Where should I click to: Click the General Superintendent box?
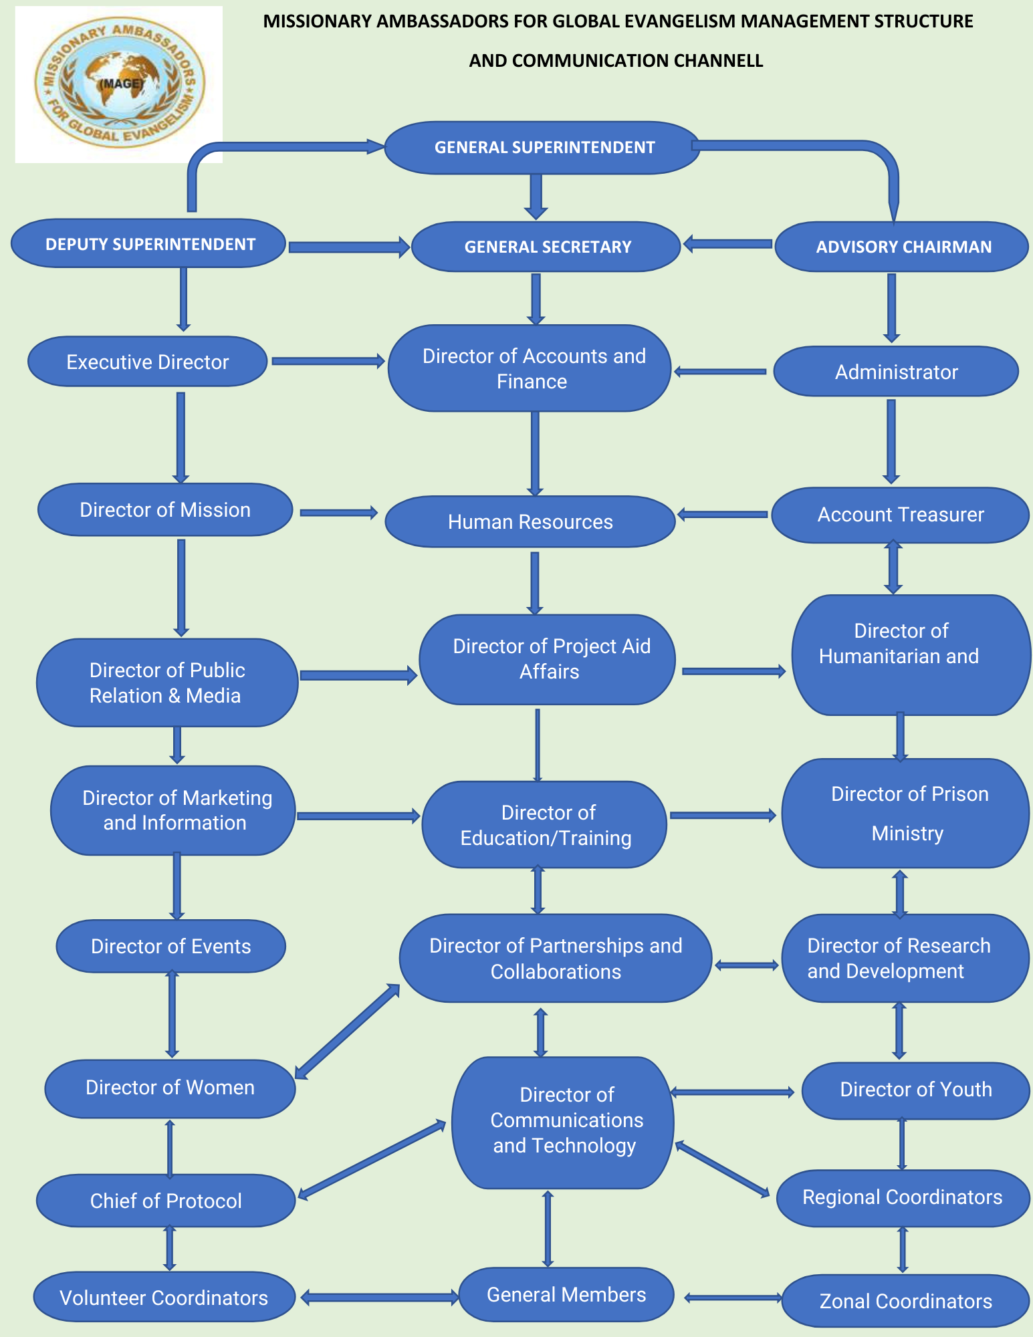tap(543, 148)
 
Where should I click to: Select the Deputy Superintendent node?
tap(149, 244)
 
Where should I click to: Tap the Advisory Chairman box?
tap(902, 247)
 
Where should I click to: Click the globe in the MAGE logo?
tap(120, 82)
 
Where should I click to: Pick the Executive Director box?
tap(147, 362)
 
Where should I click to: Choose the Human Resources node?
tap(530, 521)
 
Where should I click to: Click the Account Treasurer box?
tap(900, 515)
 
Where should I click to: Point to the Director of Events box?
tap(170, 946)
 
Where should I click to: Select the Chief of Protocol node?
tap(165, 1201)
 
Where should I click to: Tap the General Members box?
tap(566, 1295)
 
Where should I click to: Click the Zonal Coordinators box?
tap(905, 1301)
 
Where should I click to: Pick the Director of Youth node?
tap(915, 1090)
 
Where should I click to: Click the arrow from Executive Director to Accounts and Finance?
tap(328, 362)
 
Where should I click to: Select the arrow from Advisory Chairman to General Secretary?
tap(727, 244)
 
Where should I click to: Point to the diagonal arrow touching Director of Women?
tap(347, 1031)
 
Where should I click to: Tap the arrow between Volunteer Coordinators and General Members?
tap(379, 1298)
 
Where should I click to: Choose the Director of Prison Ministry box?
tap(906, 814)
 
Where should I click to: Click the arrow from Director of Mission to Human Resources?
tap(338, 513)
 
